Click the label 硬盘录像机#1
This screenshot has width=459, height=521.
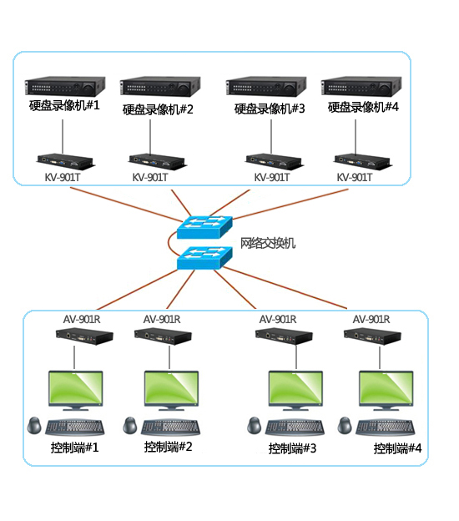click(64, 105)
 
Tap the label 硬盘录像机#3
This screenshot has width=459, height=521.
click(270, 109)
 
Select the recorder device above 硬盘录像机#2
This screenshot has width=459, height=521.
click(160, 86)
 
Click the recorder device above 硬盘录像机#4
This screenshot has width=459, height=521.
click(361, 86)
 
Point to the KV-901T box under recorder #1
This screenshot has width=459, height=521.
click(65, 161)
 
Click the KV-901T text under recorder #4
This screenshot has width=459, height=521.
click(355, 178)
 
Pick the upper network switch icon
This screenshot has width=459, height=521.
click(204, 227)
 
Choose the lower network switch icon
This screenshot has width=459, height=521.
click(204, 258)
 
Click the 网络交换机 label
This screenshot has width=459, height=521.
click(268, 243)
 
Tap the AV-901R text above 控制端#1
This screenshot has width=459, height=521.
click(82, 319)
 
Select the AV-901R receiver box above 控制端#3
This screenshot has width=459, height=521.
click(284, 336)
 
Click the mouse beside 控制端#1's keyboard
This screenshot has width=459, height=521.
click(34, 426)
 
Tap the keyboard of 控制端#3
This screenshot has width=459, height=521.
click(295, 428)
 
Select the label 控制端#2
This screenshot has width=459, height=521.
click(168, 447)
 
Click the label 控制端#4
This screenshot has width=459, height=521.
click(397, 448)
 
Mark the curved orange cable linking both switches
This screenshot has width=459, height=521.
click(169, 243)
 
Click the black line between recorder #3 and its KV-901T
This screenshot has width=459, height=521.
click(271, 137)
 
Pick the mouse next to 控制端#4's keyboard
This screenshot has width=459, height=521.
click(345, 426)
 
